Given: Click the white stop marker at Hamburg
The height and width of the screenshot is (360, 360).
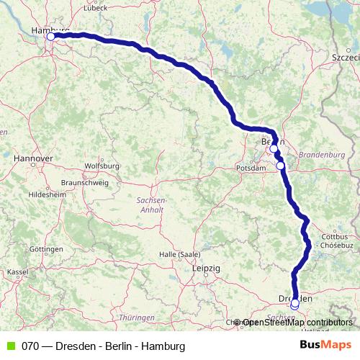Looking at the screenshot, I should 51,36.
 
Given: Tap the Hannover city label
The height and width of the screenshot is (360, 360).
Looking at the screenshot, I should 34,157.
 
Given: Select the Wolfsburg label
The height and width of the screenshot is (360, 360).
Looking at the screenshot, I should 102,166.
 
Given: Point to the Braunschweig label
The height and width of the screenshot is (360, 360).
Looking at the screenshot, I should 84,183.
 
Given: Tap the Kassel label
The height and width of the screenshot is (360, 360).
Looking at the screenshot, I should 17,272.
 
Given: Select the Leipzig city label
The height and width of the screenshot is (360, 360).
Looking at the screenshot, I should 207,268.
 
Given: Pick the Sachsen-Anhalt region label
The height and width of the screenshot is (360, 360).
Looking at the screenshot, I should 152,204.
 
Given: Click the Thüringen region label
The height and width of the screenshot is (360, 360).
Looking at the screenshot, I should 137,318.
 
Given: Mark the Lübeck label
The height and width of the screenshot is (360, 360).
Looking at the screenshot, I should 95,8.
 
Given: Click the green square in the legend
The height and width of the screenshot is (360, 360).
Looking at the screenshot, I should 10,346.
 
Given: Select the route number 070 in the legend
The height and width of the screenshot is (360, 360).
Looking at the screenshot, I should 30,346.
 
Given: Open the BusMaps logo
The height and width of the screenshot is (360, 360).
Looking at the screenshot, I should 325,346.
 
